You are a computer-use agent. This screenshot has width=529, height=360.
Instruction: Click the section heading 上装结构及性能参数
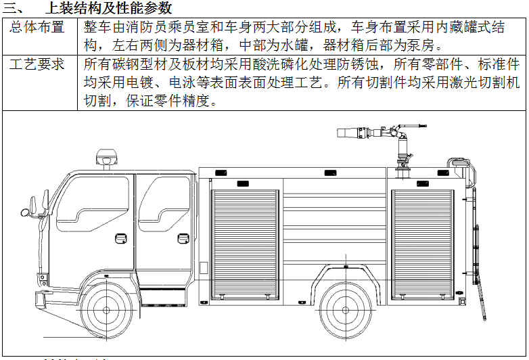coord(108,9)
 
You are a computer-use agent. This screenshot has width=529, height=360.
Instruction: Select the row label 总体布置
coord(39,28)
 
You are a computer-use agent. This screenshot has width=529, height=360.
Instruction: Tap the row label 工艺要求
coord(39,65)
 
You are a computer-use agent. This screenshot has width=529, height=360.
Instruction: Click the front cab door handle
coord(122,238)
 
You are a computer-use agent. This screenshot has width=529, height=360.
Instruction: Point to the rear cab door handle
coord(183,238)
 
